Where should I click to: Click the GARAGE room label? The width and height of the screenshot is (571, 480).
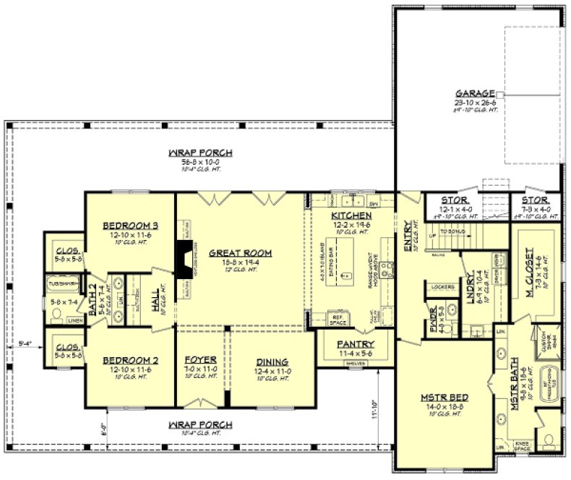tap(475, 94)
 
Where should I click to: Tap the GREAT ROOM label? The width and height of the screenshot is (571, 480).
tap(240, 253)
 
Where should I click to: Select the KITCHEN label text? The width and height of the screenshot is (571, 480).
tap(351, 216)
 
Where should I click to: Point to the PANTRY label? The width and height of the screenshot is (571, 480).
tap(355, 344)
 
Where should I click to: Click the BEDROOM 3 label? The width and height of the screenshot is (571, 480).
tap(130, 226)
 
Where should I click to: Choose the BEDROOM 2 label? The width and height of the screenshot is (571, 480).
tap(130, 360)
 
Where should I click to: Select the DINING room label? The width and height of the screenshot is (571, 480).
tap(272, 361)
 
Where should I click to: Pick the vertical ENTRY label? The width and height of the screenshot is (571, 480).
tap(408, 239)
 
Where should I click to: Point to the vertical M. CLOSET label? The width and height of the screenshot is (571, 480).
tap(530, 267)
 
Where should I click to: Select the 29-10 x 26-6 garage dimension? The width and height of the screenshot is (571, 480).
tap(475, 103)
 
